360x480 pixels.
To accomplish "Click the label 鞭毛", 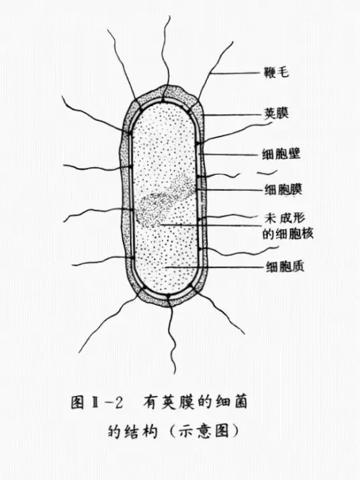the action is click(276, 73).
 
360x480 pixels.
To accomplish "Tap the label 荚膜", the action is click(276, 114).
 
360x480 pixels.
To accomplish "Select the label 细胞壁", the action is click(281, 153).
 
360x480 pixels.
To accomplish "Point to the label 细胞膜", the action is click(283, 190).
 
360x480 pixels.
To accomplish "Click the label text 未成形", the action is click(285, 218).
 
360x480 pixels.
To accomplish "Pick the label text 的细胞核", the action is click(288, 234).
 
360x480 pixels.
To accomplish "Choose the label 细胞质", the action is click(285, 267).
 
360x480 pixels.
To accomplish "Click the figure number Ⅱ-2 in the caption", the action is click(105, 403).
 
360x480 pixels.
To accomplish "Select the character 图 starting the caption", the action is click(77, 403).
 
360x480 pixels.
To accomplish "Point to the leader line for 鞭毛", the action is click(236, 73).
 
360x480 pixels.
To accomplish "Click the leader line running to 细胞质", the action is click(214, 268).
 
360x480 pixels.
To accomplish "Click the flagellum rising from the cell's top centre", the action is click(167, 52).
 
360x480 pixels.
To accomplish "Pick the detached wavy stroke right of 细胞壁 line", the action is click(267, 173).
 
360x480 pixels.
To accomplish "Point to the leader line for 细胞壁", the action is click(230, 155).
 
